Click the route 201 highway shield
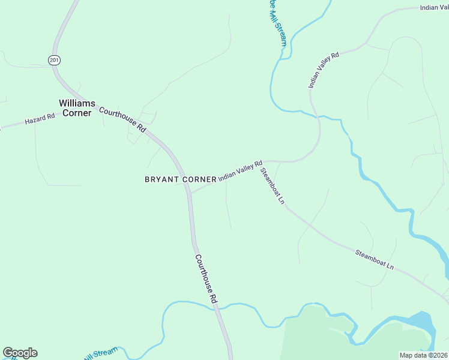coord(55,60)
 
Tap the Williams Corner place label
coord(76,108)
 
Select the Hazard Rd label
coord(40,120)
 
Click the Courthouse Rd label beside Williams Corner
coord(122,119)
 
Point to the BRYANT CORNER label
coord(180,179)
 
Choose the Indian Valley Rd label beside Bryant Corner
coord(240,170)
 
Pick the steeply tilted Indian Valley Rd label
coord(324,70)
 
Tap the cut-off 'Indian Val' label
coord(434,7)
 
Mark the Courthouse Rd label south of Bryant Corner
coord(205,278)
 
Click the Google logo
coord(20,353)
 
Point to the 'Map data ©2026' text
coord(423,355)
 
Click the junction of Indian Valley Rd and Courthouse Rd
coord(190,193)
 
